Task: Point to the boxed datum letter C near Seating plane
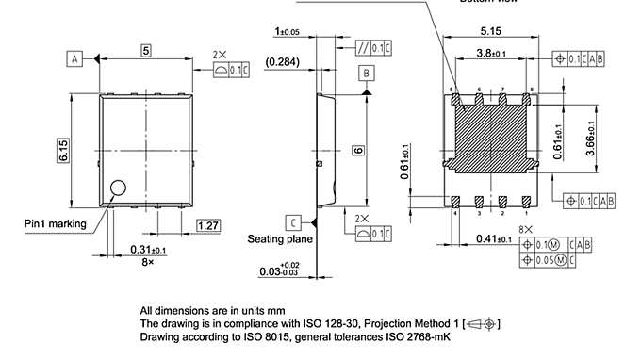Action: [294, 222]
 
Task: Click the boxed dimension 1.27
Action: [208, 224]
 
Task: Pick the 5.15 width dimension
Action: [491, 31]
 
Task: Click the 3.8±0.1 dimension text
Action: [493, 53]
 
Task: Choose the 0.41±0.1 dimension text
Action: [495, 239]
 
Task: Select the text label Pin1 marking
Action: [55, 224]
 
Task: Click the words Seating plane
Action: [280, 239]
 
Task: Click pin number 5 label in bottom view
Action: [452, 89]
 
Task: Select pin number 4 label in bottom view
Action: [454, 214]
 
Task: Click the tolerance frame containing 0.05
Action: [550, 260]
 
